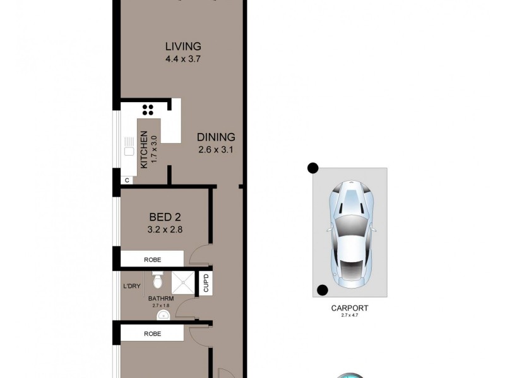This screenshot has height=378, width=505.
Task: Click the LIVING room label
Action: pos(183,46)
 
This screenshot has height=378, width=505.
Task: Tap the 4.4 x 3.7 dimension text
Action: pos(183,59)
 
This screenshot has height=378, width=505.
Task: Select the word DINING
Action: pos(216,137)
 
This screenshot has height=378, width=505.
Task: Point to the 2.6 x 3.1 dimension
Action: pos(216,150)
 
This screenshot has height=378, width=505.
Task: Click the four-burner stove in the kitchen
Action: pos(148,110)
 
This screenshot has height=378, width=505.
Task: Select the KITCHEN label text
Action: pos(144,150)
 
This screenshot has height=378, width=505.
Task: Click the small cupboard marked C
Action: pos(127,180)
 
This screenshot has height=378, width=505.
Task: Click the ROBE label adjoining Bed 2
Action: pos(153,258)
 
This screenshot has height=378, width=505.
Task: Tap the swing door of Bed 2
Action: pos(199,255)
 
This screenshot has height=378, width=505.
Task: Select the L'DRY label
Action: pos(131,286)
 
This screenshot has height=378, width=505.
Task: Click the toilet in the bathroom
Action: pos(158,278)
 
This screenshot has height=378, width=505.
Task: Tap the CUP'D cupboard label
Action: pos(205,283)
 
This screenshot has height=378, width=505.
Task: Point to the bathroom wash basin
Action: pos(163,315)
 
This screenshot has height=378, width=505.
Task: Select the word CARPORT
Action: pos(350,308)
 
